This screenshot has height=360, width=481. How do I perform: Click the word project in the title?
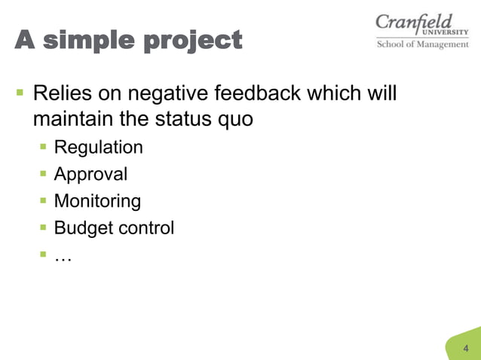click(x=195, y=41)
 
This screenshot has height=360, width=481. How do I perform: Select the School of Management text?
click(x=422, y=44)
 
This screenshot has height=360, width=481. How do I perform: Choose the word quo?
click(x=234, y=121)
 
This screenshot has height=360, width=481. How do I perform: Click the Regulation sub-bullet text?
click(x=98, y=148)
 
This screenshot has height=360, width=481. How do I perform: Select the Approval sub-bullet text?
click(x=90, y=175)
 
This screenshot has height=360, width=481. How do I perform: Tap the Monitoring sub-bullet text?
click(x=97, y=202)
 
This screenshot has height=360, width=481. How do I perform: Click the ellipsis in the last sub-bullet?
click(x=63, y=257)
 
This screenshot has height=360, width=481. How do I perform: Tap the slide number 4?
click(x=465, y=348)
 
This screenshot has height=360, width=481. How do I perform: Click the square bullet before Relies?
click(x=20, y=94)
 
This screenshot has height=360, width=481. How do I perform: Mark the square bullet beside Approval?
click(x=44, y=174)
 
